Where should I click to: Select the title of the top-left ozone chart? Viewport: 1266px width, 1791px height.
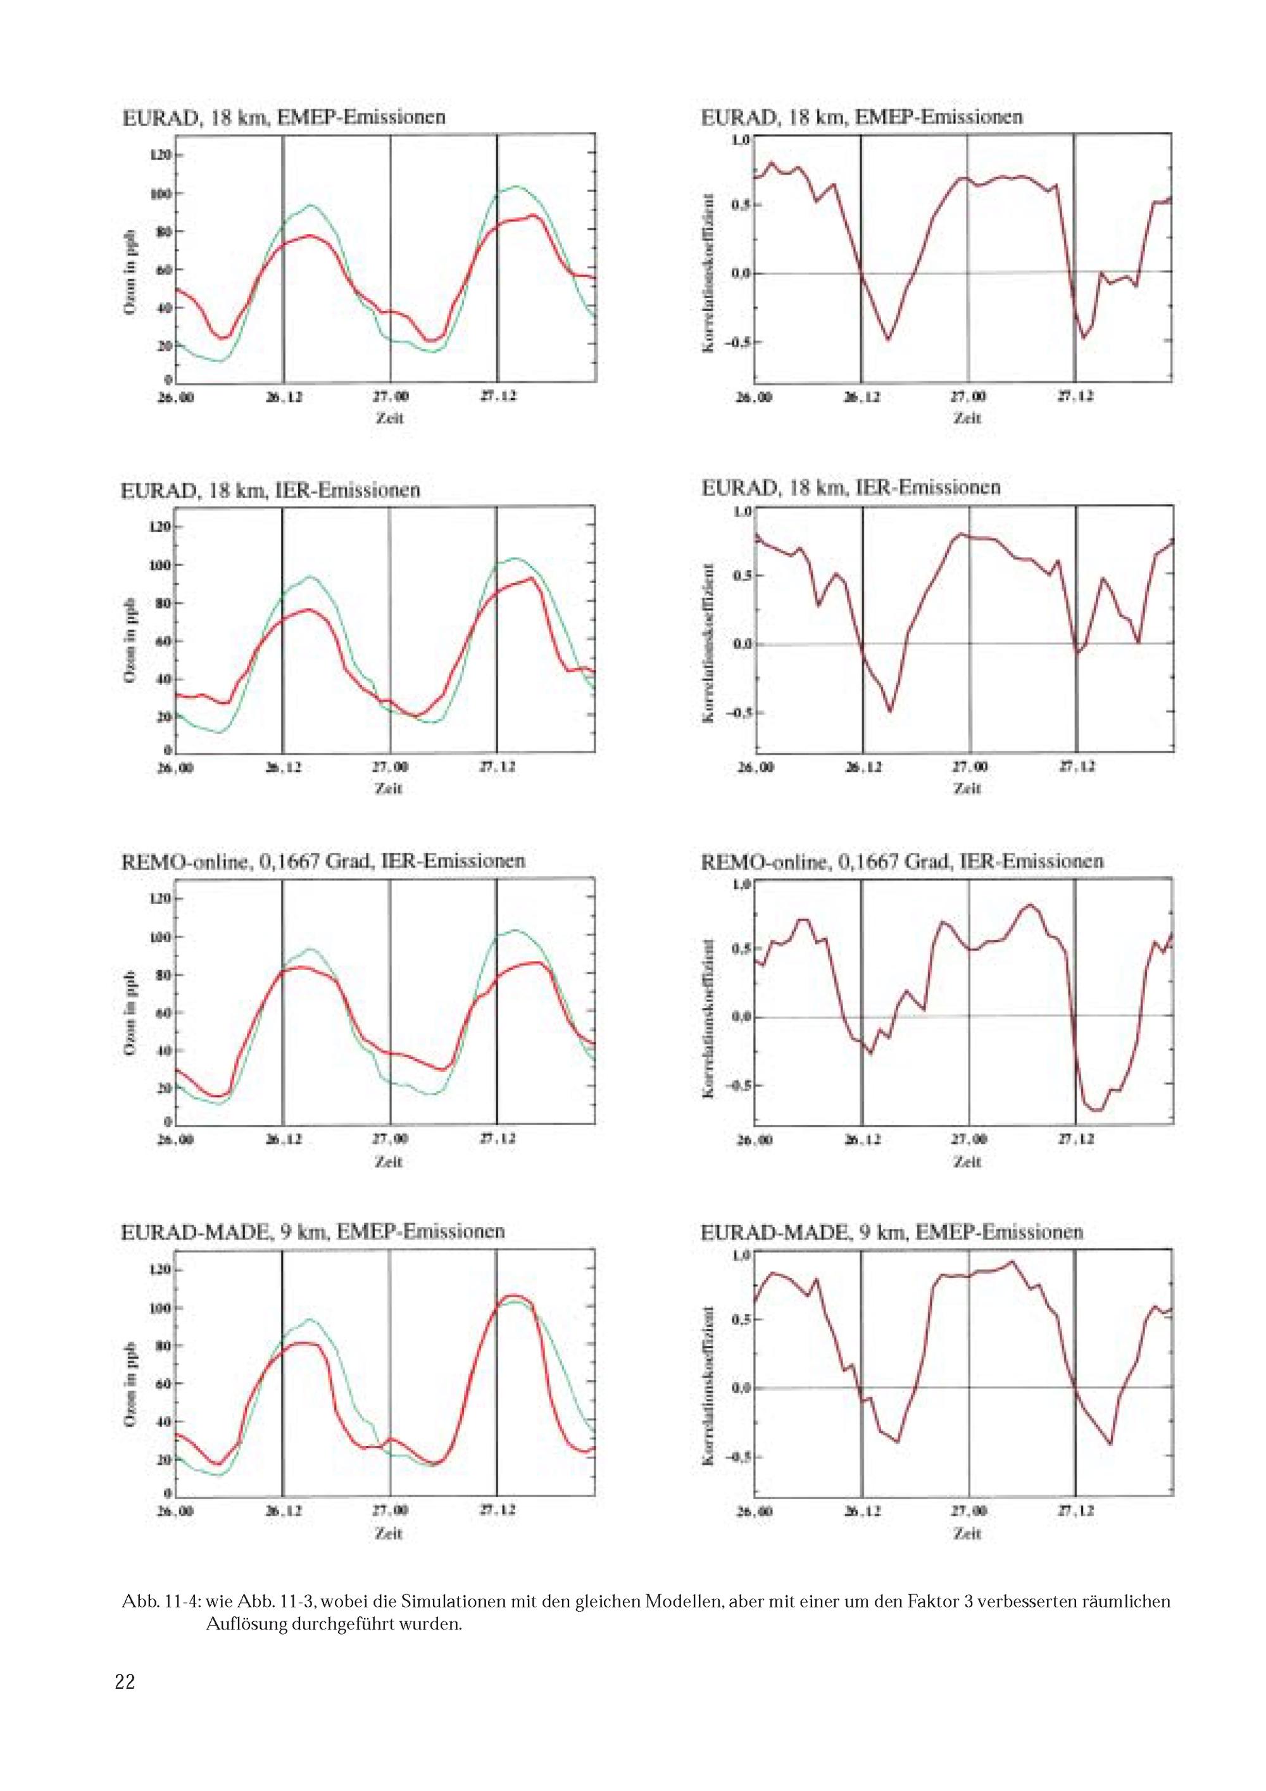pyautogui.click(x=284, y=117)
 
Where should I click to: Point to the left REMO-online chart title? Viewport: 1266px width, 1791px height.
pyautogui.click(x=323, y=860)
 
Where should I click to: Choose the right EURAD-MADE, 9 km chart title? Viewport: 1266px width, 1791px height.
pyautogui.click(x=892, y=1232)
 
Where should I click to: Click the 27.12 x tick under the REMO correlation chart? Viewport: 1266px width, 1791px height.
pyautogui.click(x=1075, y=1140)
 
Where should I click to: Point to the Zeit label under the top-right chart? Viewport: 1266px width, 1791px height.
pyautogui.click(x=967, y=418)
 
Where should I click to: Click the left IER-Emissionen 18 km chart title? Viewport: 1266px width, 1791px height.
pyautogui.click(x=271, y=490)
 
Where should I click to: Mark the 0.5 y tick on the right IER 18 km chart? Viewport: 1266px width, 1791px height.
pyautogui.click(x=740, y=575)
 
